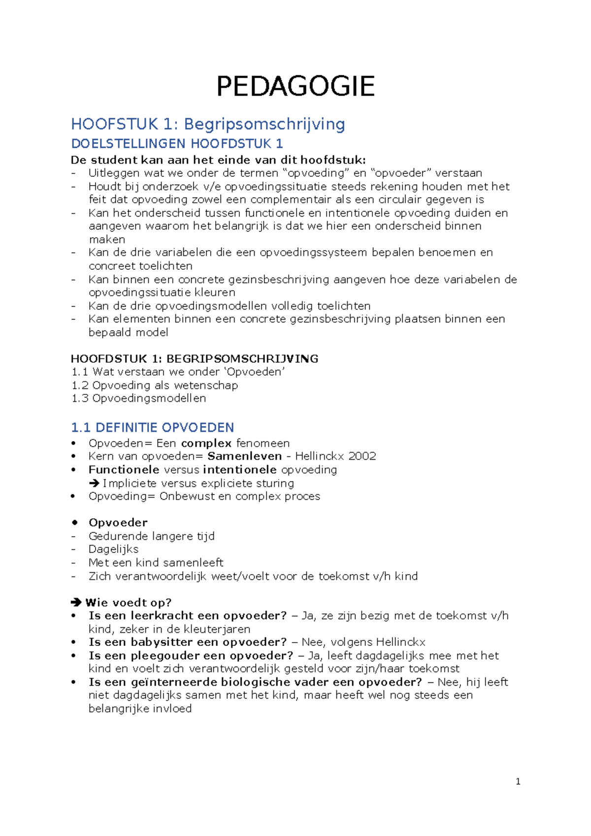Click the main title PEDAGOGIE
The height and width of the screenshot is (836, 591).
point(295,86)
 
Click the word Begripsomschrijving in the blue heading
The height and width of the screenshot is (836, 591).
point(264,124)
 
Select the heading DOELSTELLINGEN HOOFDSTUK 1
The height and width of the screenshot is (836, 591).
point(177,144)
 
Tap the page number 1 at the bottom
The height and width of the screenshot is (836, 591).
point(518,781)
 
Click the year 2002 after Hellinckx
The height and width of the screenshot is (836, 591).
point(362,456)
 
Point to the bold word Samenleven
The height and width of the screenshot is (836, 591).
point(245,456)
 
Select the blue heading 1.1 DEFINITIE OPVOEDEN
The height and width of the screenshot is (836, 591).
point(152,427)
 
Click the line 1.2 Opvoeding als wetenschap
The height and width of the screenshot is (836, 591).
point(155,386)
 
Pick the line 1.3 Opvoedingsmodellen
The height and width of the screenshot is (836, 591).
point(139,398)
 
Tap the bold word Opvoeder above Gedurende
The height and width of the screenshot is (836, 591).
point(118,523)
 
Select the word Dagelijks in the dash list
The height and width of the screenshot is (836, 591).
point(113,549)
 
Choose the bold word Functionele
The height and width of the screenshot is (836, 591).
point(124,470)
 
